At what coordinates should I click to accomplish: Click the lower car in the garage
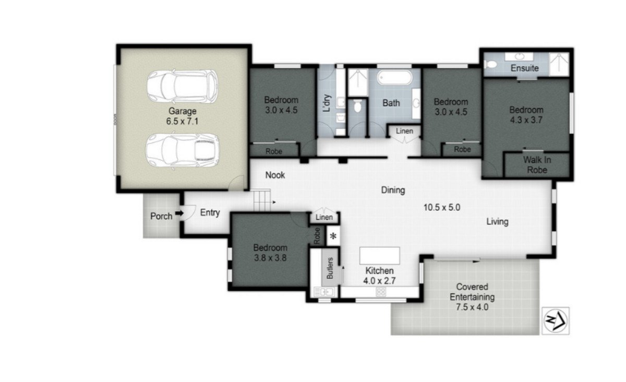[182, 150]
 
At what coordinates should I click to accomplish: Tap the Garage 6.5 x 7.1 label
[182, 116]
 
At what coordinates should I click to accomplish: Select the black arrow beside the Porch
[178, 213]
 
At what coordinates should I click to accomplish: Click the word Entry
[210, 213]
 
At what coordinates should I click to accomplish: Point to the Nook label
[275, 175]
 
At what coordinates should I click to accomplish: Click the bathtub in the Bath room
[395, 79]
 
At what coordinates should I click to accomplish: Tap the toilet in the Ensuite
[490, 65]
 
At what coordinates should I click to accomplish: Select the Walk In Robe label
[536, 164]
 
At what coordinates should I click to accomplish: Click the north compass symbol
[556, 319]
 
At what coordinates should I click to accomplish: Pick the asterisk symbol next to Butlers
[332, 236]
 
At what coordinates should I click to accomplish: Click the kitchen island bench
[380, 256]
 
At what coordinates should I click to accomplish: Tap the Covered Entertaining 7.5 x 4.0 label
[472, 297]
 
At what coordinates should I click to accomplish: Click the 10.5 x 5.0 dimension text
[441, 207]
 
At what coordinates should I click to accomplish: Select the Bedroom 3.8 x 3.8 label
[270, 253]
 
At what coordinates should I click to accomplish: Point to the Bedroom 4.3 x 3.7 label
[526, 115]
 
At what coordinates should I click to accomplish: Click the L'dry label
[327, 103]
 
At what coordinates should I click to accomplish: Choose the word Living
[497, 222]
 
